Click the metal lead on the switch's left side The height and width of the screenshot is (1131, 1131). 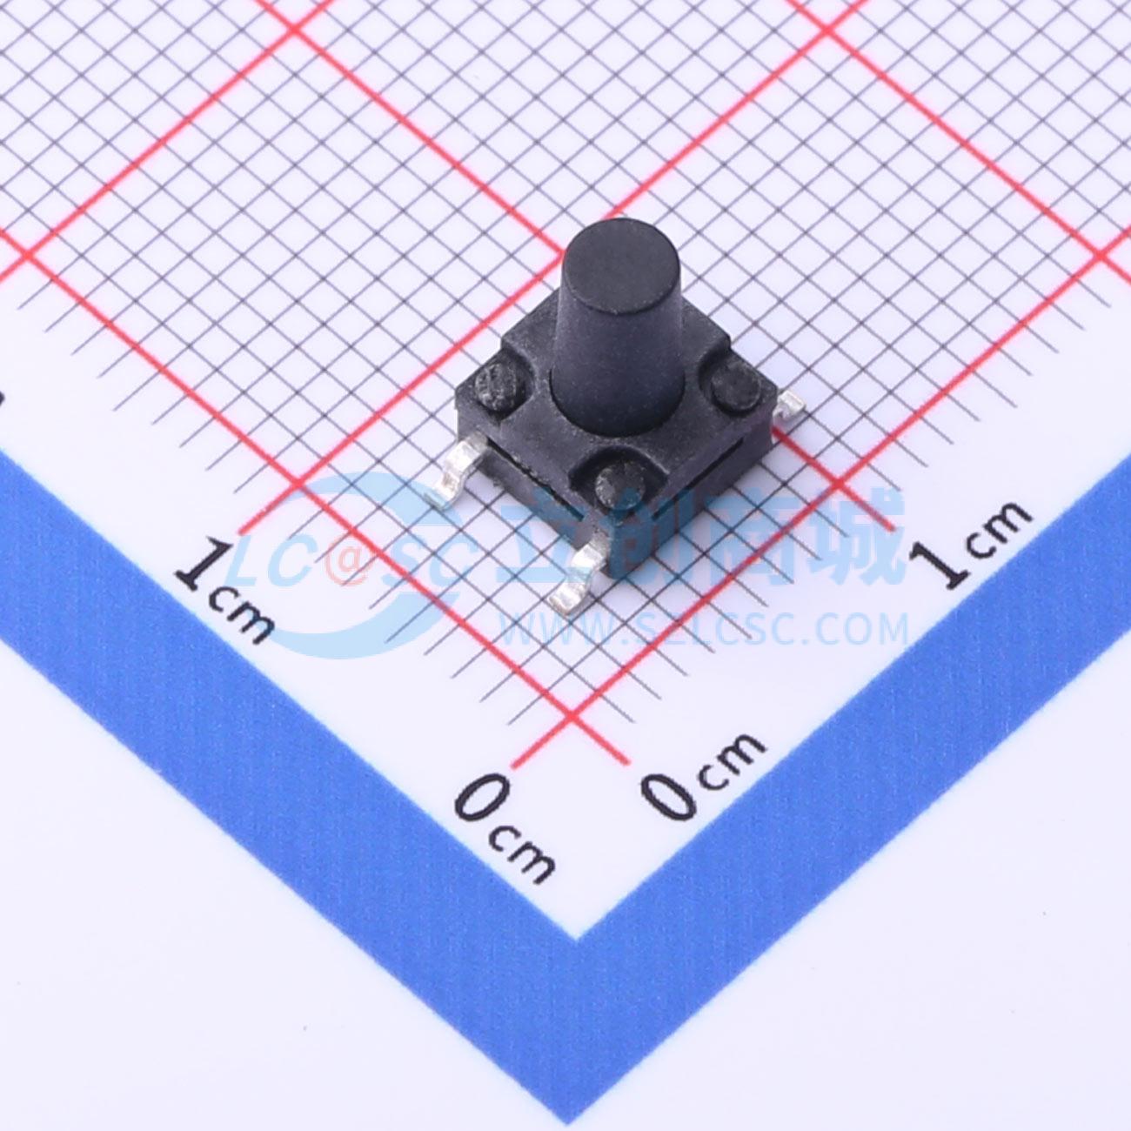[x=455, y=473]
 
